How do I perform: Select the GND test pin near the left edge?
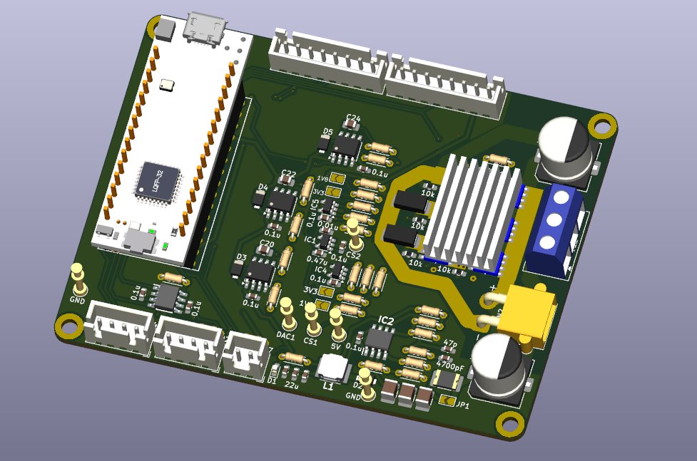click(78, 277)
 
